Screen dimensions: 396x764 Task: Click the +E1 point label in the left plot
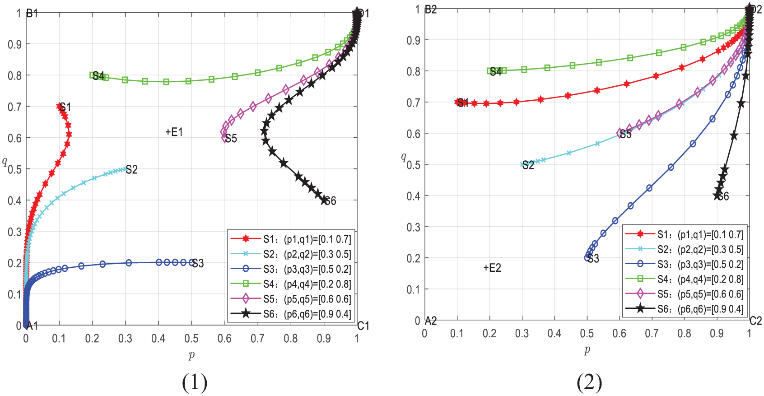[174, 132]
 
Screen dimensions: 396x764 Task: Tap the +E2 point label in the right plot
[492, 268]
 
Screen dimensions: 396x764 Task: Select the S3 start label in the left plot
[198, 263]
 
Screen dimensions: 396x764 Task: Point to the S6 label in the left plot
[330, 201]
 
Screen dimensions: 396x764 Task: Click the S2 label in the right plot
[528, 165]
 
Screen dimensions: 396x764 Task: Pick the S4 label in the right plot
[496, 71]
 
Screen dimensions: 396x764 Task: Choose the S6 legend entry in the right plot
[684, 309]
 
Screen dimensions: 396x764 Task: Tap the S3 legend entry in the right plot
[684, 264]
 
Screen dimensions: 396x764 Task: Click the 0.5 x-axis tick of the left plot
[191, 338]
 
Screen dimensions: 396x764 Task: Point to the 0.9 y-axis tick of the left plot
[14, 44]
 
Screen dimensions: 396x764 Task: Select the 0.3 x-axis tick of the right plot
[522, 334]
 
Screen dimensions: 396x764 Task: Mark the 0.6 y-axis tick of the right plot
[414, 134]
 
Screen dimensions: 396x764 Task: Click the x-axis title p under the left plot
[191, 354]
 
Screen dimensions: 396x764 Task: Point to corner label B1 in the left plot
[32, 14]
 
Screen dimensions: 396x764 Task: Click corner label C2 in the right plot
[755, 321]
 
